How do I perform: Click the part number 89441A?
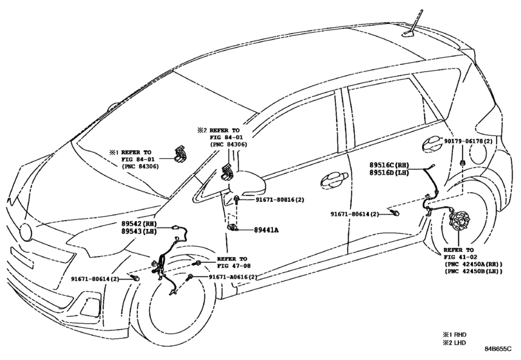(x=267, y=230)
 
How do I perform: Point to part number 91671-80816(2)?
(x=280, y=199)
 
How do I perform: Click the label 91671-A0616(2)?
(x=233, y=277)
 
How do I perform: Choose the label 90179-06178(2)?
(x=468, y=141)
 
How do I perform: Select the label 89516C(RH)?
(x=389, y=165)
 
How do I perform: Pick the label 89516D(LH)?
(x=389, y=172)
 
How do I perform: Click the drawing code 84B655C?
(x=498, y=348)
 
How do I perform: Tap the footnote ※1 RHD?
(x=454, y=334)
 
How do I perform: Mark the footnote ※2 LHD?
(x=454, y=343)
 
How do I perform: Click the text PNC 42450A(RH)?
(x=473, y=264)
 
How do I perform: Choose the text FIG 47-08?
(x=234, y=266)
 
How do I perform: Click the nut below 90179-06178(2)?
(x=463, y=163)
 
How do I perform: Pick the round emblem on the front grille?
(x=26, y=232)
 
